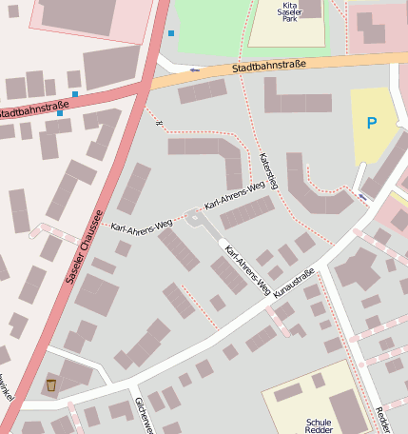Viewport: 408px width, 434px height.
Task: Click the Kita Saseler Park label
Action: [287, 10]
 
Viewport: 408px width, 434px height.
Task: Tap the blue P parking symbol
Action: [371, 122]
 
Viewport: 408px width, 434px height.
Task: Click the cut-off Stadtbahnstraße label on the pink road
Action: [34, 109]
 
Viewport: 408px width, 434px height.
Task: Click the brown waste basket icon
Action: [51, 385]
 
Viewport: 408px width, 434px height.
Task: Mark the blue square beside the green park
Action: [171, 33]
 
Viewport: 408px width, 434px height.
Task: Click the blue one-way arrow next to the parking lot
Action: [363, 196]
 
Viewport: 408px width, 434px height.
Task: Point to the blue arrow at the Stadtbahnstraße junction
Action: [194, 69]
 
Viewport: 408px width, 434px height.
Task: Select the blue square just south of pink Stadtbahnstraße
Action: [59, 113]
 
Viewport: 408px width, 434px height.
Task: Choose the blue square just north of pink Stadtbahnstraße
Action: [74, 94]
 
